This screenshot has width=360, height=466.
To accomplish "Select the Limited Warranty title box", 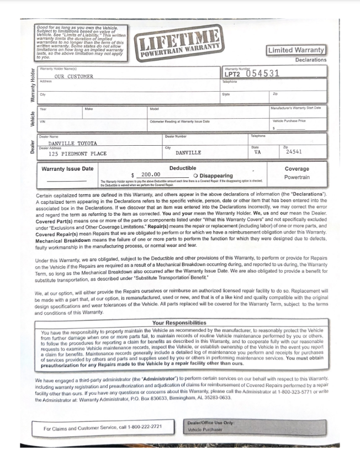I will pyautogui.click(x=297, y=50).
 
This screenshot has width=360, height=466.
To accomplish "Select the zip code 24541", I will pyautogui.click(x=293, y=152).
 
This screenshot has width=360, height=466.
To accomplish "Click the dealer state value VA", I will pyautogui.click(x=257, y=152).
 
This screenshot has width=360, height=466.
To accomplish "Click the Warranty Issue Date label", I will pyautogui.click(x=68, y=168).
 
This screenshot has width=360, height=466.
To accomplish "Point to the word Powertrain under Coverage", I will pyautogui.click(x=297, y=178).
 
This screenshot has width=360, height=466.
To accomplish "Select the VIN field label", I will pyautogui.click(x=43, y=121).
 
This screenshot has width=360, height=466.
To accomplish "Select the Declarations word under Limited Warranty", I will pyautogui.click(x=310, y=60).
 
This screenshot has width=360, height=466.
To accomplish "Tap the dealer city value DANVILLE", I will pyautogui.click(x=188, y=152).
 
